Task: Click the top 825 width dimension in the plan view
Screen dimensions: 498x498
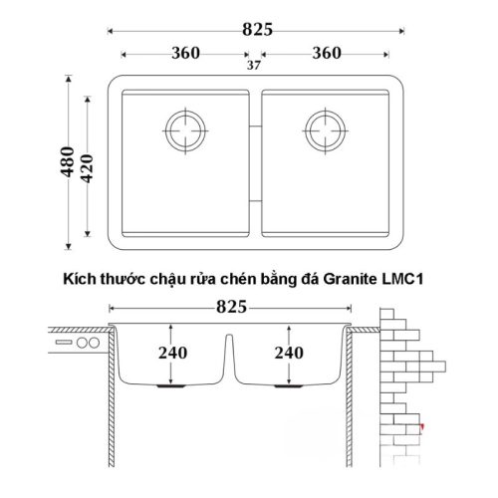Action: click(x=257, y=30)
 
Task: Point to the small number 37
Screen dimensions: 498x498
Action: click(x=255, y=66)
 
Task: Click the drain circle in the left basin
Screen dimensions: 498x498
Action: click(x=185, y=129)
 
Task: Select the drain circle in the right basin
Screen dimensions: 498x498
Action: click(x=328, y=129)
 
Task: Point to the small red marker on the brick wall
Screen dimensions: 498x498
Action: click(x=421, y=425)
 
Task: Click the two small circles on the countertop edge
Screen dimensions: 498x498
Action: click(x=88, y=342)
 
